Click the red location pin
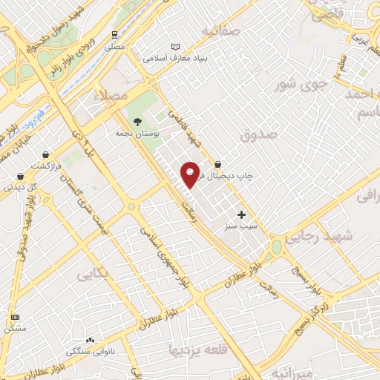click(190, 174)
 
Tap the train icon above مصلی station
click(114, 34)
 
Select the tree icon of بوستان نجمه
click(137, 122)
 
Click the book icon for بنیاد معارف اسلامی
click(175, 46)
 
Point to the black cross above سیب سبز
click(241, 214)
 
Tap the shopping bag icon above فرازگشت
click(20, 176)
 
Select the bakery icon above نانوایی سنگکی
click(91, 339)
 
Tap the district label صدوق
click(258, 134)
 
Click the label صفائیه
click(226, 31)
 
